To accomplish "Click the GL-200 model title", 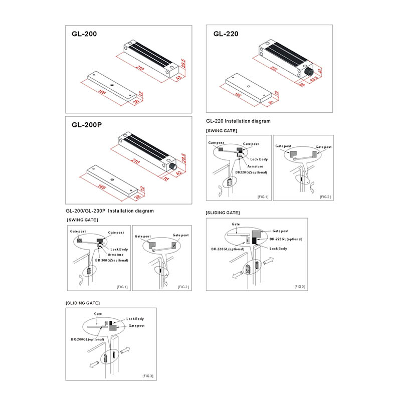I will tap(84, 35).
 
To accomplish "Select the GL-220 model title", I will tap(226, 34).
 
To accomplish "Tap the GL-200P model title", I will tap(87, 126).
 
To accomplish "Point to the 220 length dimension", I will tap(273, 69).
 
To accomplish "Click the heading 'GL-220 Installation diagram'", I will tap(238, 121).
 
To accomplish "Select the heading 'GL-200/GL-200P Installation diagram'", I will tap(109, 211).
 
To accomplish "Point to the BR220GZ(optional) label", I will tap(251, 172).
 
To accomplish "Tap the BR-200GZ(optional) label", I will tap(112, 261).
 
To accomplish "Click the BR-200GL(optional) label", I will tap(87, 339).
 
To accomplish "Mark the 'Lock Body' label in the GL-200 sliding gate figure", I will tap(135, 319).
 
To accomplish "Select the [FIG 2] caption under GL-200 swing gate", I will tap(183, 287).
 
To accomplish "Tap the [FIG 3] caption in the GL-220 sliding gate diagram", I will tap(300, 287).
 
